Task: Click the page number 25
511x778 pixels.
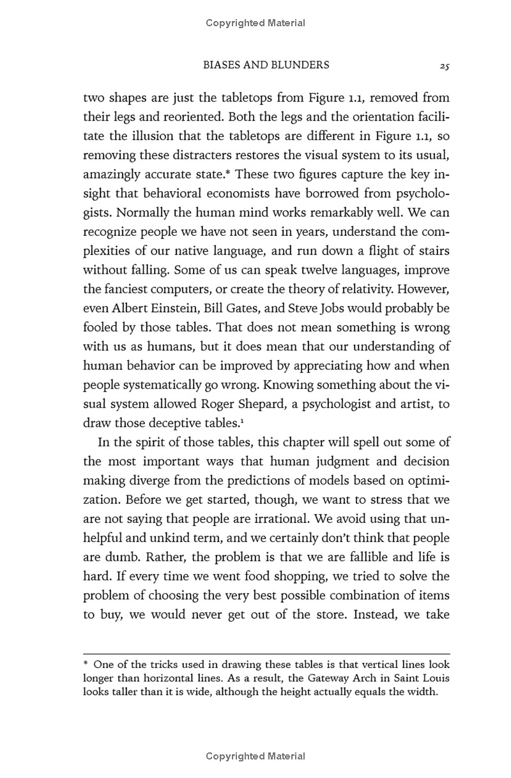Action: (x=445, y=65)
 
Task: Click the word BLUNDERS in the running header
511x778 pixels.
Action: (x=302, y=65)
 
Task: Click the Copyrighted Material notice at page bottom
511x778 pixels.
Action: (x=256, y=756)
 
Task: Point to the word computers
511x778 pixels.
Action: (x=183, y=288)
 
